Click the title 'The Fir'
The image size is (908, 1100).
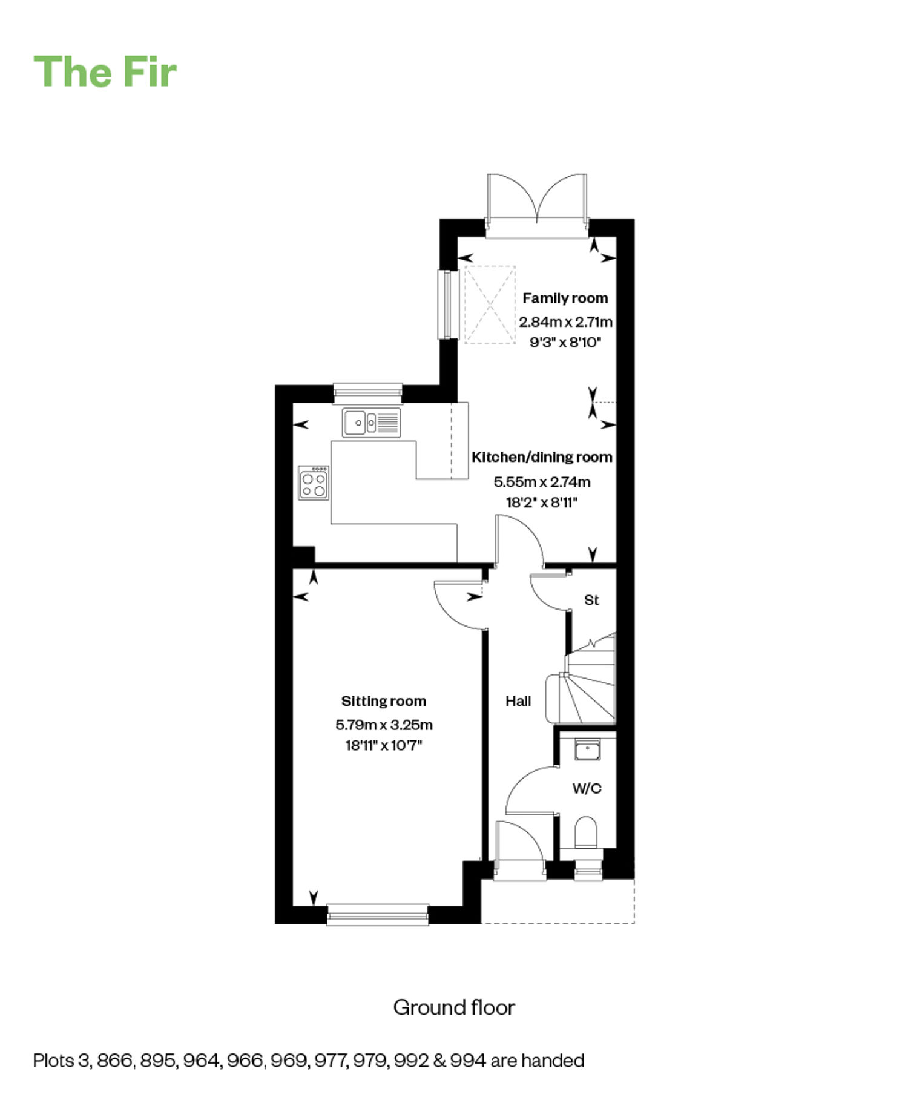point(105,72)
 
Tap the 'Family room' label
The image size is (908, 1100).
point(565,298)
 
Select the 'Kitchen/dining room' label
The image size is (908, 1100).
point(542,457)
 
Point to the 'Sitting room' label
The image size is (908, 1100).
point(384,701)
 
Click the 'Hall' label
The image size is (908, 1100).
point(518,701)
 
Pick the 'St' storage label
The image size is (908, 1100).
point(591,600)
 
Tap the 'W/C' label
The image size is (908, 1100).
point(587,788)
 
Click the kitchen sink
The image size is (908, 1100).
point(371,422)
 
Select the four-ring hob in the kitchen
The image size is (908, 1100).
point(314,482)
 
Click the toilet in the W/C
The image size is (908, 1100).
point(585,833)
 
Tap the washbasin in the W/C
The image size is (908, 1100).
point(587,750)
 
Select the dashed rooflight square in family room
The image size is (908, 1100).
point(490,305)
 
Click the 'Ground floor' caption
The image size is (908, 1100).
point(454,1007)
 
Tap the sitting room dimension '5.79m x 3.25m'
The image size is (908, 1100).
point(384,725)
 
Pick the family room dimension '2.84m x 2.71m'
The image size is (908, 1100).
point(565,321)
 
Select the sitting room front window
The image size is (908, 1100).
point(378,914)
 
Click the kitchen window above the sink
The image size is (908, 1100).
point(367,393)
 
